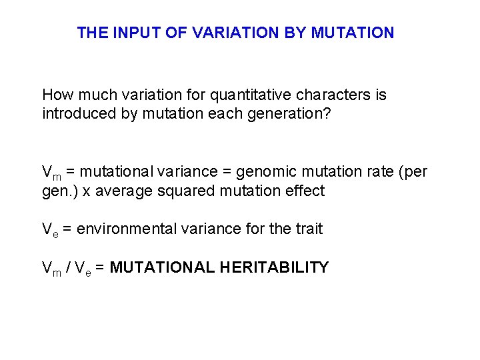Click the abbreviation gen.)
pyautogui.click(x=58, y=191)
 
